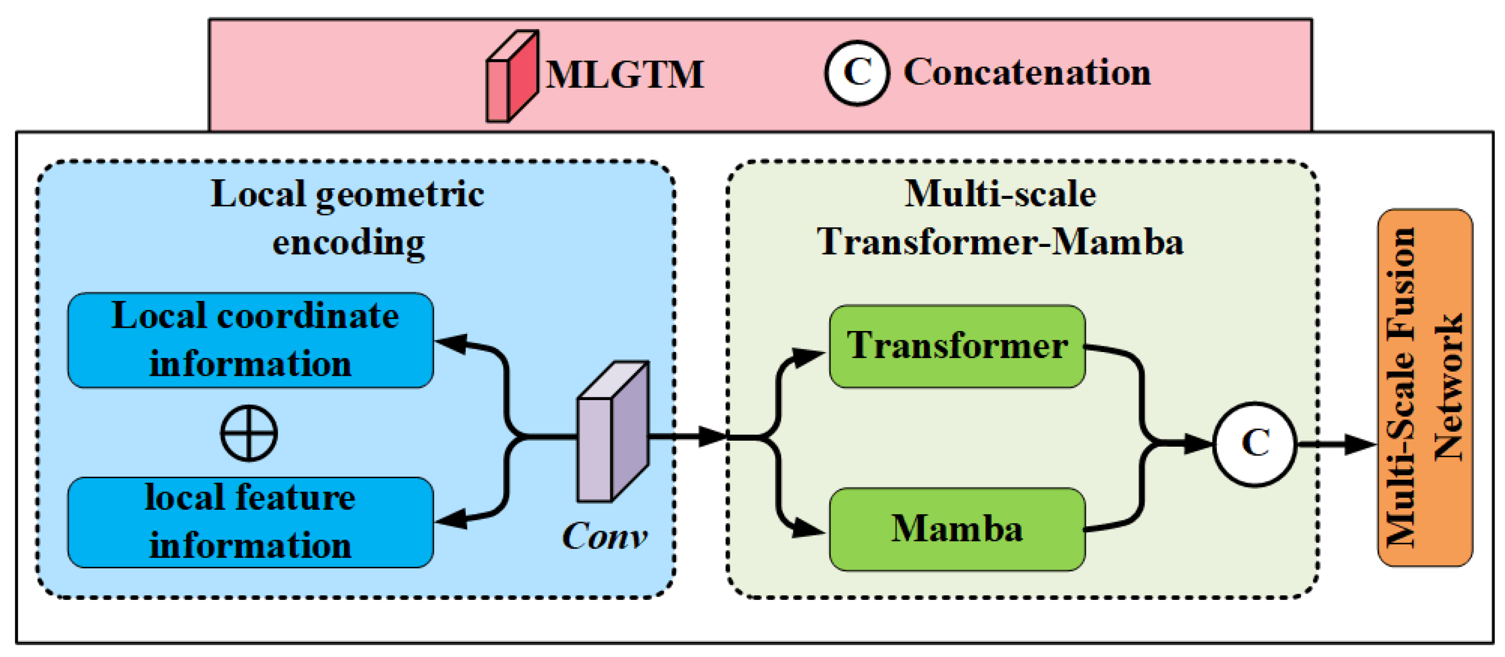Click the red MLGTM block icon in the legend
pos(512,76)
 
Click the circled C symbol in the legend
pos(856,73)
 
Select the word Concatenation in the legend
pos(1027,73)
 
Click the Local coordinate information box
pos(251,340)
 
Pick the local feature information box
pos(251,522)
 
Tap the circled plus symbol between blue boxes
pos(249,433)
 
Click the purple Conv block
pos(612,432)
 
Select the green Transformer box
pos(957,346)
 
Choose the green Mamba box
pos(957,529)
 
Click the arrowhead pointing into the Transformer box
pos(809,356)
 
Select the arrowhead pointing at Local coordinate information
pos(453,343)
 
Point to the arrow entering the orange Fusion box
pos(1358,444)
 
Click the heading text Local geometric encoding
pos(348,217)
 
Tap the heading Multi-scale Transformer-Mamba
pos(1000,217)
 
